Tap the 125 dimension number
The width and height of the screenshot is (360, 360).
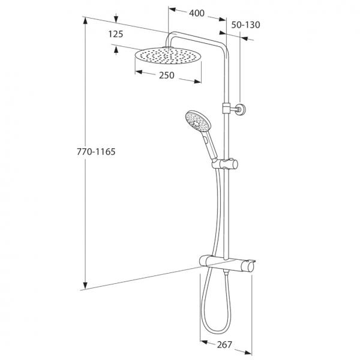click(116, 34)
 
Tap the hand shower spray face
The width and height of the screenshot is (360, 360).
click(196, 119)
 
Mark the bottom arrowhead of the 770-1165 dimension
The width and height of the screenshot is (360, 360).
click(85, 286)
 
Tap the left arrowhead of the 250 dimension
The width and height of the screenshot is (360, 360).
click(138, 73)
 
